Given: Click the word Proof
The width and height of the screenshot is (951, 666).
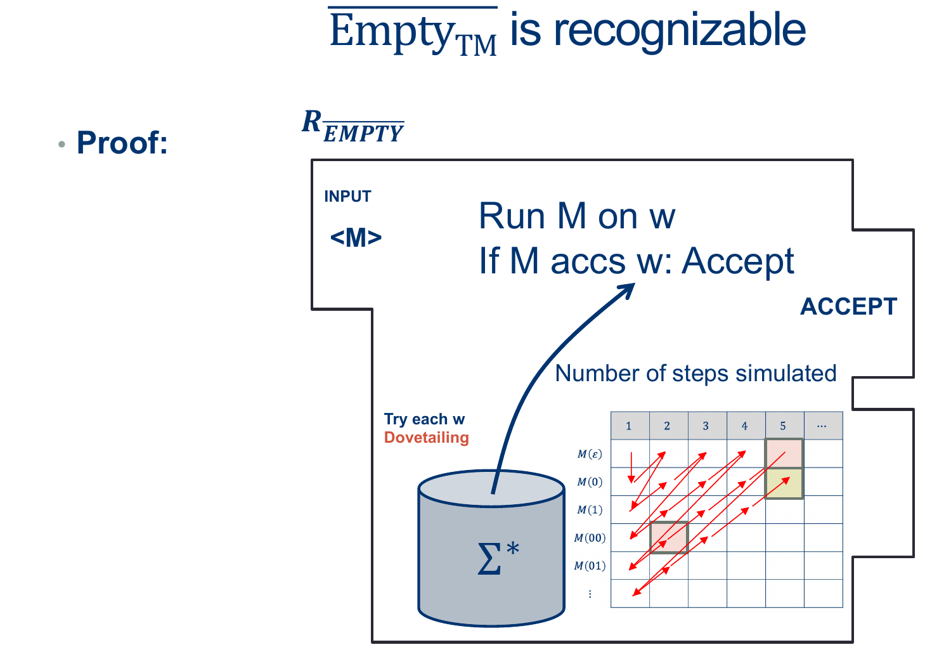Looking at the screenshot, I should pos(122,143).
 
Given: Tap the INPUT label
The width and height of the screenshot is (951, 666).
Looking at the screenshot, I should pos(347,197).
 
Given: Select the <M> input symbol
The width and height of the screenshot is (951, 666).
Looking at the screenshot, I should pos(356,238).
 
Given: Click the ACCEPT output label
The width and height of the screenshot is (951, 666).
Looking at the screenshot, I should pos(848,307).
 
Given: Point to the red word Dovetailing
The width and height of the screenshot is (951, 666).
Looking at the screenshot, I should pos(426,438).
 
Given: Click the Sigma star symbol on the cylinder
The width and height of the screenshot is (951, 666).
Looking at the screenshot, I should pos(498,558).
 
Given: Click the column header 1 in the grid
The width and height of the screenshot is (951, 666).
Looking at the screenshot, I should pos(628,426).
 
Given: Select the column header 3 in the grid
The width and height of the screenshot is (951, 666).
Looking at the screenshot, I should pos(706,426).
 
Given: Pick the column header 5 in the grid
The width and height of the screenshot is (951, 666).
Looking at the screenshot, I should pos(783,426).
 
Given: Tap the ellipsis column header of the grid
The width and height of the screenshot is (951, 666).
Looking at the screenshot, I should pos(822,426).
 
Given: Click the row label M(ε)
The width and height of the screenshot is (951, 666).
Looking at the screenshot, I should pos(590,454).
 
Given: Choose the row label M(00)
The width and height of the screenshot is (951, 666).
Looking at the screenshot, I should pos(590,538).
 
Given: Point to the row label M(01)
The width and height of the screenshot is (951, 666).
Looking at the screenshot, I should pos(590,566).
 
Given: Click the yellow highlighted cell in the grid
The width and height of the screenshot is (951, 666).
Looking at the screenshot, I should pos(784,483).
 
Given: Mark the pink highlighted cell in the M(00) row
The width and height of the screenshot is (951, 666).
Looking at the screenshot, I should pos(669,538).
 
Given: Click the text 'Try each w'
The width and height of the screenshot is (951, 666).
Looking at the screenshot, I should pos(424,419).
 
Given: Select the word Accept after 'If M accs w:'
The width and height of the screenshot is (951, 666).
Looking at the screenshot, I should pos(738,261).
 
